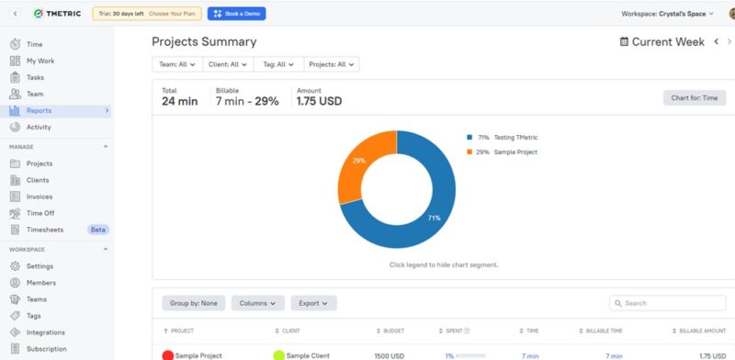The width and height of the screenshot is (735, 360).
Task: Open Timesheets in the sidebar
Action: click(45, 230)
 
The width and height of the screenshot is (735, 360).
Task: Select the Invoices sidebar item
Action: click(40, 197)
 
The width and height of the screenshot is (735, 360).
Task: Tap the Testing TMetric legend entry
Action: click(502, 137)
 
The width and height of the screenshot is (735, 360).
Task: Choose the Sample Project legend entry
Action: click(502, 152)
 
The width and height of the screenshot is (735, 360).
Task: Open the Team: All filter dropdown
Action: click(177, 64)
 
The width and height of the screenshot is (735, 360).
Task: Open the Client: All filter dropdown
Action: click(228, 64)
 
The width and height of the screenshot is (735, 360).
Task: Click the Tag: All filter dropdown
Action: click(278, 64)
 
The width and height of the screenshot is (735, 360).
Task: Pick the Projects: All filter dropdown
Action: click(331, 64)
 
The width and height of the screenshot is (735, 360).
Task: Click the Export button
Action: click(313, 303)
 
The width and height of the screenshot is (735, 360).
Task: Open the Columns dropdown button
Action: click(257, 303)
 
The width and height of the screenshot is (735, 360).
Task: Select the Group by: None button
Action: click(193, 303)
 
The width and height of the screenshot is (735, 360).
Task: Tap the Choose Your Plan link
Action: click(172, 14)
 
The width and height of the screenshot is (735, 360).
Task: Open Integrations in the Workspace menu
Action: click(45, 332)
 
